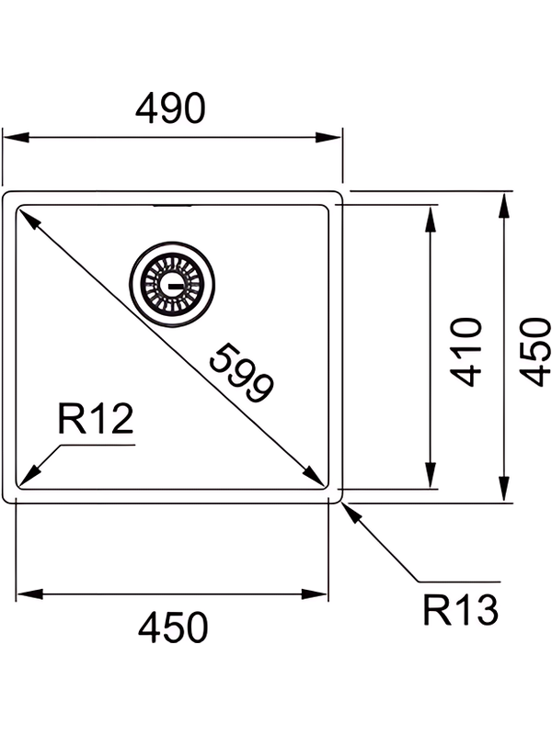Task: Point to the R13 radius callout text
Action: coord(461,609)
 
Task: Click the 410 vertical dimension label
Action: coord(468,351)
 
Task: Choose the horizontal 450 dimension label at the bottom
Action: coord(173,628)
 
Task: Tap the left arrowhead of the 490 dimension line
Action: coord(13,138)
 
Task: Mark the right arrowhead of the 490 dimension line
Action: coord(331,138)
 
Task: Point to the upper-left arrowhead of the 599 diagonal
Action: coord(28,218)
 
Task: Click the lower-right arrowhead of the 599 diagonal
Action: coord(315,476)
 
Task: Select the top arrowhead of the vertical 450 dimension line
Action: coord(503,204)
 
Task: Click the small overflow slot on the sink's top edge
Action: coord(172,206)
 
